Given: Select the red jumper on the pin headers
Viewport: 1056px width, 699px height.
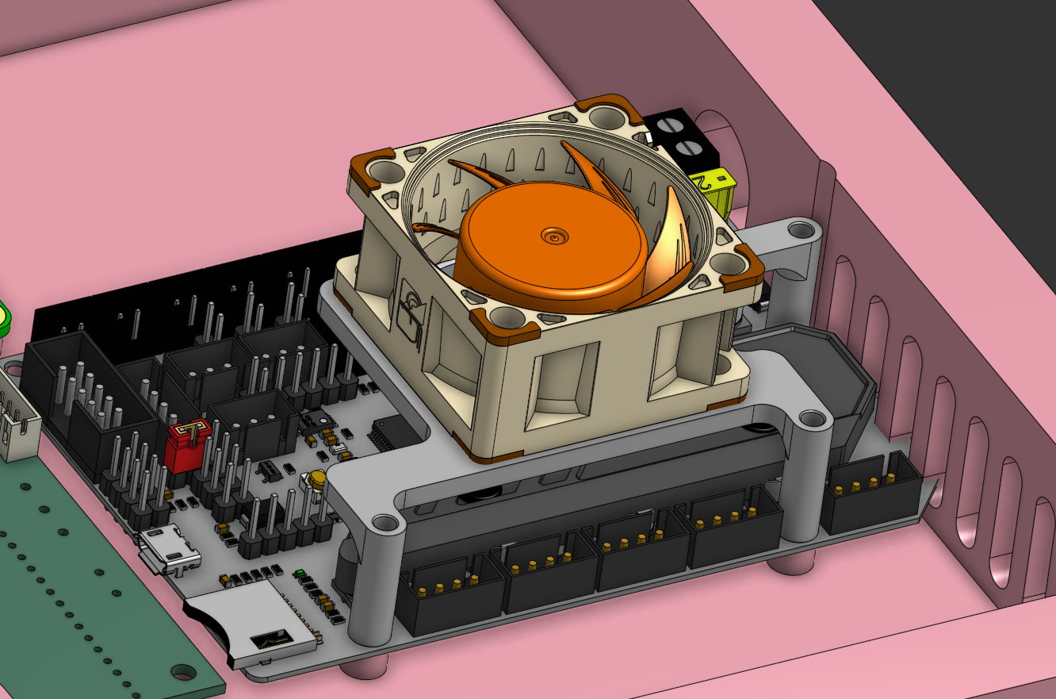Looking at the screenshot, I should (187, 445).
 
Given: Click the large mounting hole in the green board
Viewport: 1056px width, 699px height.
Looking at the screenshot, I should (183, 672).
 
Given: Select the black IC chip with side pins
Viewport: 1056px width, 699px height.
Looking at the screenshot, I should (397, 433).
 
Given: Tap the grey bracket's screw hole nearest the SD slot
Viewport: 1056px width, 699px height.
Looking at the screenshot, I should (385, 522).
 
